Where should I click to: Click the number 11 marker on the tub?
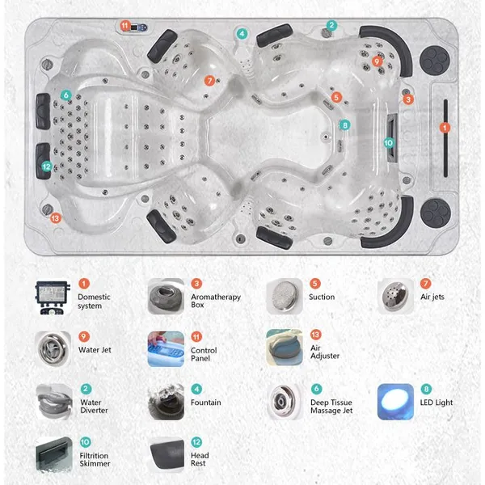[x=125, y=25]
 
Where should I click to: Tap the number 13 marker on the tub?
[x=55, y=218]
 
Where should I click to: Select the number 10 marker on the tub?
[x=389, y=142]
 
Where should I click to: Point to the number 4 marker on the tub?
[x=242, y=34]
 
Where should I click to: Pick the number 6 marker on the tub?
[x=66, y=95]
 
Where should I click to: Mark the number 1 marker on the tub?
[x=445, y=128]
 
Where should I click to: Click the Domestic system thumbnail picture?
[x=53, y=297]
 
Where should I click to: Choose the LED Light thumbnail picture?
[x=395, y=402]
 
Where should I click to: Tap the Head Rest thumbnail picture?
[x=166, y=454]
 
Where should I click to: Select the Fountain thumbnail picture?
[x=166, y=402]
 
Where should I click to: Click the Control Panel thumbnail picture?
[x=166, y=349]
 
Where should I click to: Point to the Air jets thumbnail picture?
[x=395, y=297]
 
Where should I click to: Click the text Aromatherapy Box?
[x=216, y=301]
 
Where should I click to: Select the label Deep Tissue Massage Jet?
[x=331, y=406]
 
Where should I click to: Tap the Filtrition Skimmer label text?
[x=95, y=459]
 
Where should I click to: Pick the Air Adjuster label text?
[x=325, y=352]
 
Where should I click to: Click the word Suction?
[x=322, y=297]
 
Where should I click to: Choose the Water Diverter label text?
[x=94, y=406]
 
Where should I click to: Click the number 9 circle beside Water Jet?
[x=84, y=336]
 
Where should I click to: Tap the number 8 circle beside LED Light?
[x=426, y=389]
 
